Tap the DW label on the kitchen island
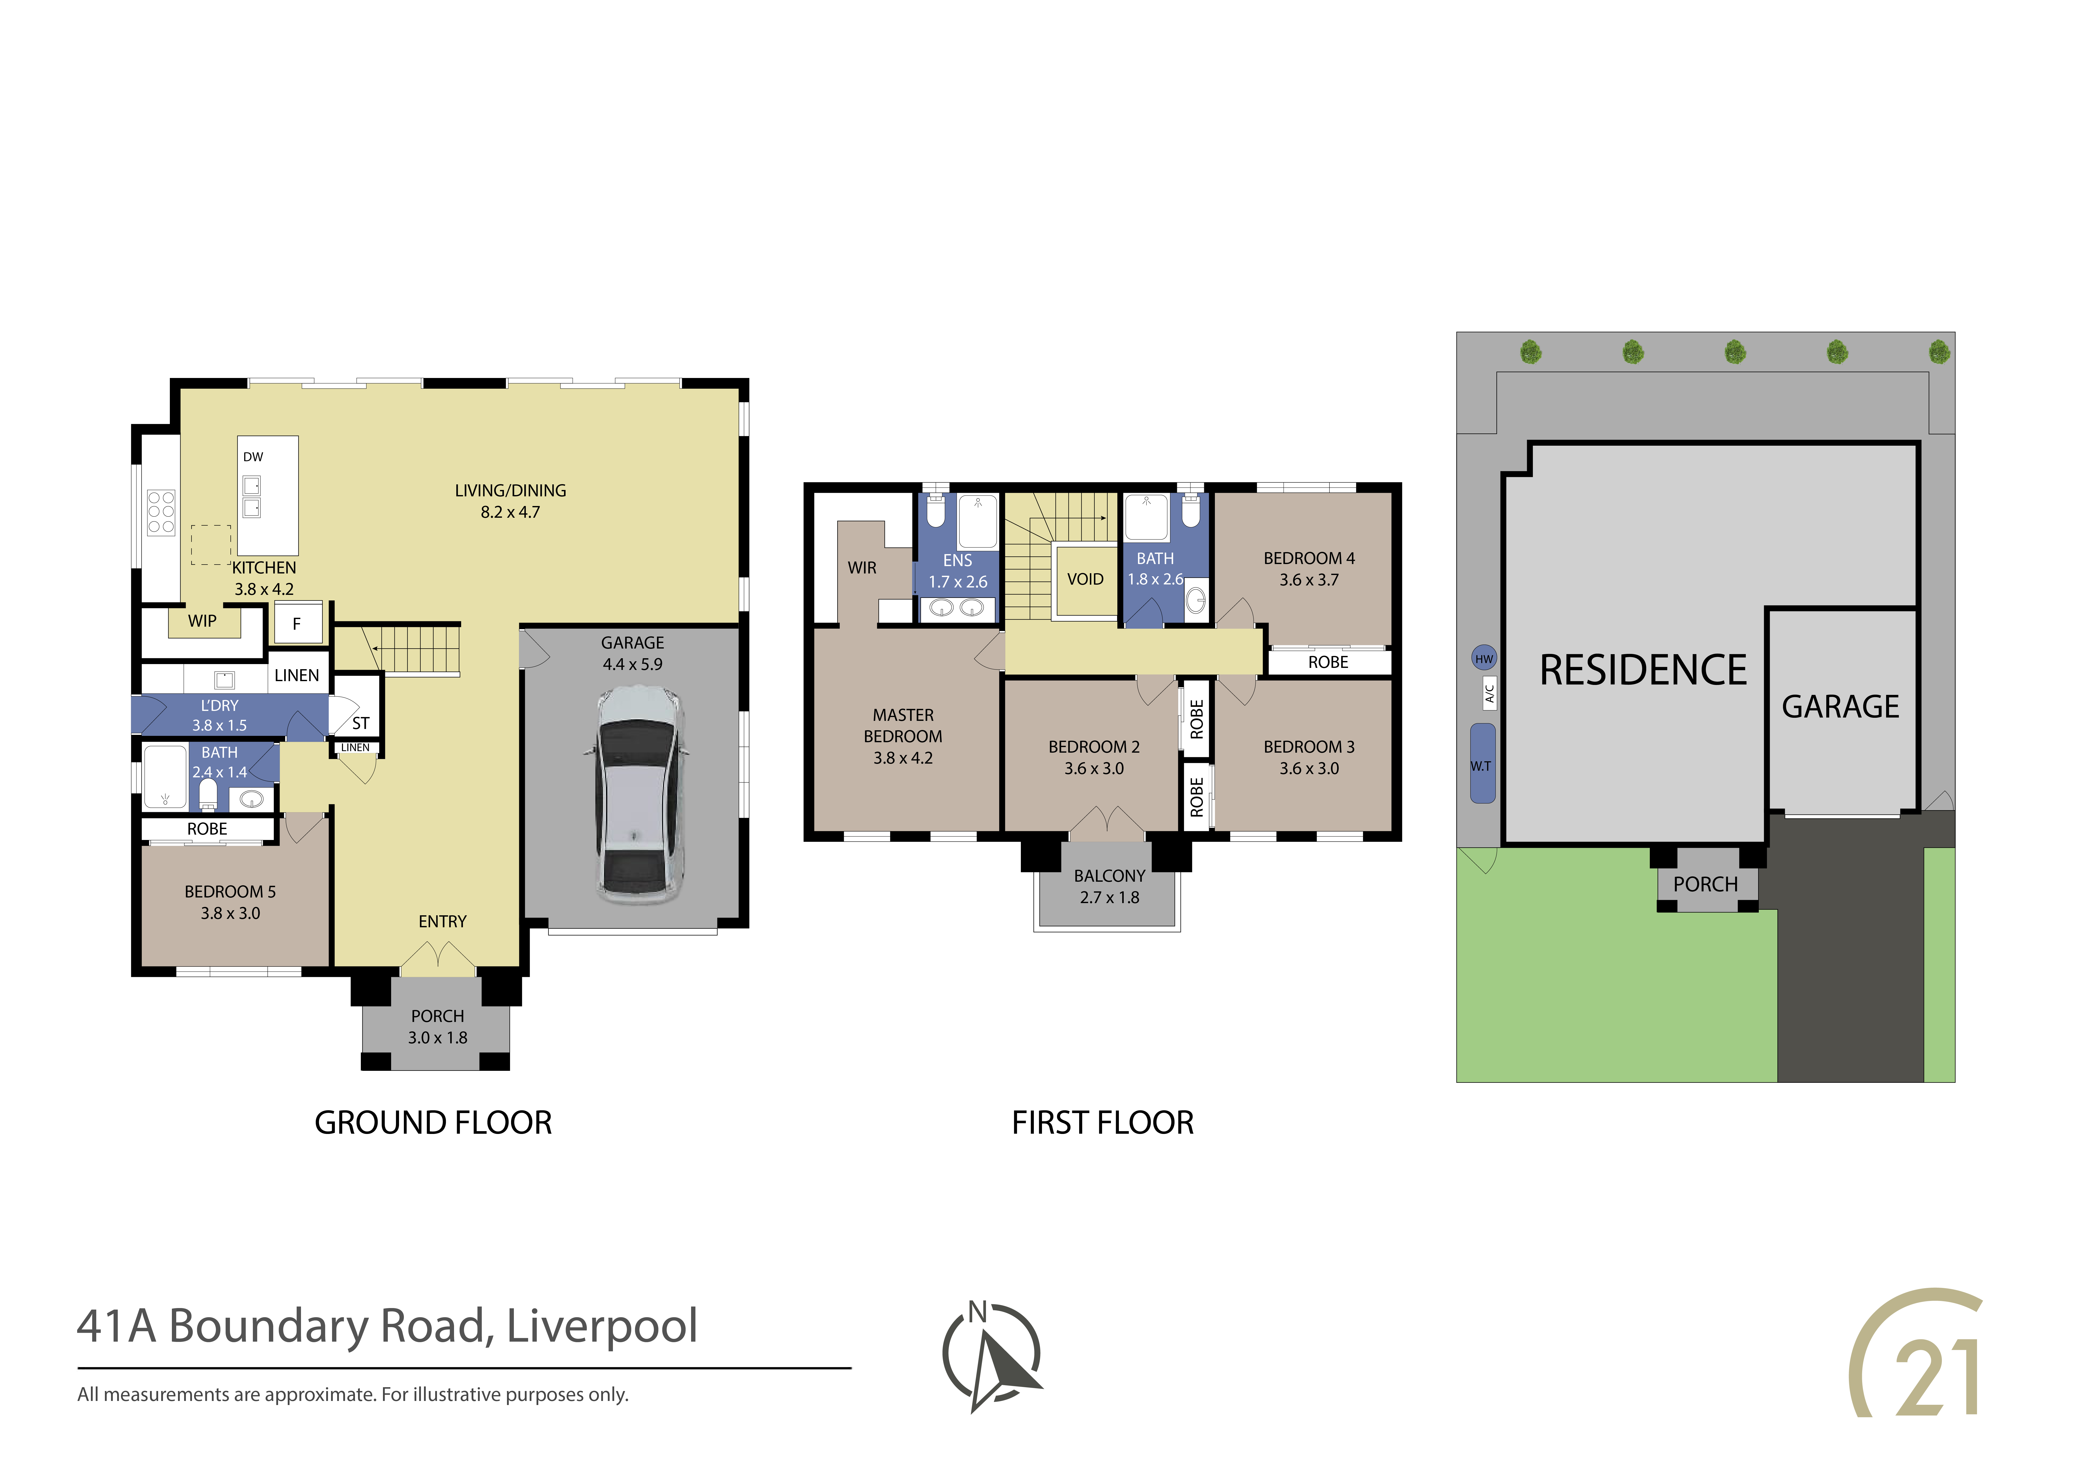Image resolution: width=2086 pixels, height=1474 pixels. click(x=253, y=457)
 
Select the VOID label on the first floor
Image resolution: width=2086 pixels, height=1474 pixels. click(x=1085, y=579)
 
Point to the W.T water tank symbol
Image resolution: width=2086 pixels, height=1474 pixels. click(x=1483, y=764)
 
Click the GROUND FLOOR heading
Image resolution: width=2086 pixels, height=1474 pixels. click(x=433, y=1124)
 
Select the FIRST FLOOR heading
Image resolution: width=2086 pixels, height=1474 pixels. click(x=1103, y=1124)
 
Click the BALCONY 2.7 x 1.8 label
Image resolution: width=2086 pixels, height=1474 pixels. click(x=1109, y=886)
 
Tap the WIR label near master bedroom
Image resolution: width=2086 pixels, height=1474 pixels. click(x=862, y=568)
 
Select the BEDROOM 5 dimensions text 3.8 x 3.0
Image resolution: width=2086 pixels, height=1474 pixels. click(x=231, y=914)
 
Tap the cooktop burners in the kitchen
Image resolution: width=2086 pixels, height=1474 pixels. click(x=161, y=512)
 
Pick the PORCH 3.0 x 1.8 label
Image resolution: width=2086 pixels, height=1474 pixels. click(x=438, y=1026)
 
